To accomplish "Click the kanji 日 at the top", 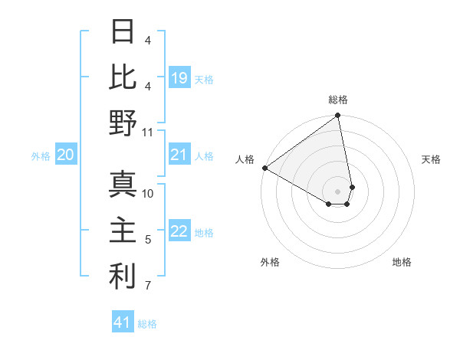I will point(123,32).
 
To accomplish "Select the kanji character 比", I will point(123,77).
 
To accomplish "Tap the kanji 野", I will point(123,123).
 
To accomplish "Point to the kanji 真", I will point(123,185).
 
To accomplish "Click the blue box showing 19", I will point(179,78).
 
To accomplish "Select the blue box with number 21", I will point(179,155).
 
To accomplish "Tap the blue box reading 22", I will point(179,232).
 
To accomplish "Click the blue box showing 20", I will point(66,155).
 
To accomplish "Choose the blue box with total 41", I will point(123,322).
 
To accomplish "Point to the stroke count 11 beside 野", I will point(148,132).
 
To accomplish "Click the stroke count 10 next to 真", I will point(148,194).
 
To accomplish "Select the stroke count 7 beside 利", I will point(148,286).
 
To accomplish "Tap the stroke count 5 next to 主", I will point(148,240).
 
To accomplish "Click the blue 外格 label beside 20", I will point(41,156).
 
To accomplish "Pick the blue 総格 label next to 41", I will point(147,324).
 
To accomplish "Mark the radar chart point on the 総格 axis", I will point(337,116).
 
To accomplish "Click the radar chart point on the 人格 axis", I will point(264,168).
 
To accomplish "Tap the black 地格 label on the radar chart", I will point(402,262).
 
